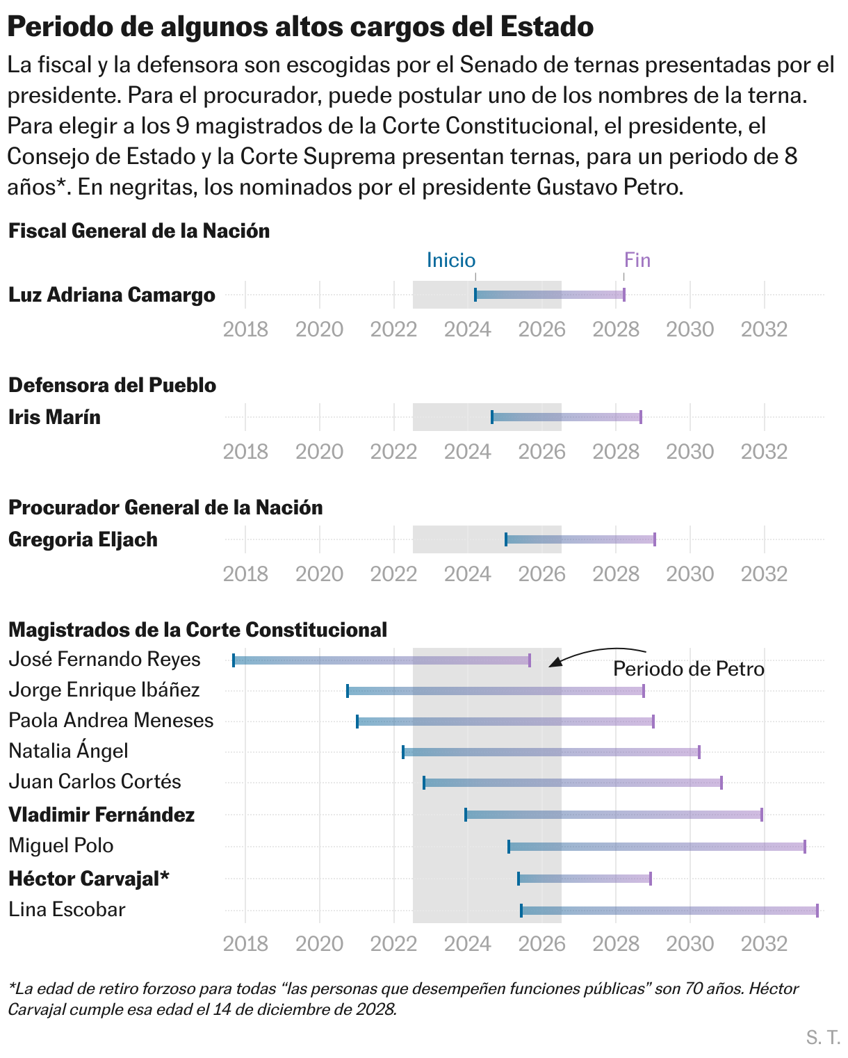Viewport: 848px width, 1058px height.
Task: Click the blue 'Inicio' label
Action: click(x=450, y=260)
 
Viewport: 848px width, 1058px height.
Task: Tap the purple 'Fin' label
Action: click(x=637, y=260)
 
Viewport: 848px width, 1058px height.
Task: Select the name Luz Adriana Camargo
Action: click(x=112, y=295)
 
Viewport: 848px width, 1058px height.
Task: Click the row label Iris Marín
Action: click(x=54, y=417)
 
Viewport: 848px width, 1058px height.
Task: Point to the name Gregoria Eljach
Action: click(x=83, y=539)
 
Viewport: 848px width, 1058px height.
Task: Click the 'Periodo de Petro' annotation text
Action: click(x=688, y=669)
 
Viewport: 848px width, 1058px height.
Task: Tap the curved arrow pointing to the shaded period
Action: click(x=598, y=653)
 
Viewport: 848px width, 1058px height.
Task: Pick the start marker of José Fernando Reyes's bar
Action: click(x=234, y=660)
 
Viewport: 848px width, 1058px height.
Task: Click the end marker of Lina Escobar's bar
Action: click(x=817, y=911)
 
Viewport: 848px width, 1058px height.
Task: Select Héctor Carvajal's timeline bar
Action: click(x=584, y=879)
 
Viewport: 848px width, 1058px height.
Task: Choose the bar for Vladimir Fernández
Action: click(x=613, y=815)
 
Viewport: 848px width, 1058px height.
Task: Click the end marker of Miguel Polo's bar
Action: click(x=805, y=847)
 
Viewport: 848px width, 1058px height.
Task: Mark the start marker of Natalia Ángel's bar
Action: click(x=403, y=752)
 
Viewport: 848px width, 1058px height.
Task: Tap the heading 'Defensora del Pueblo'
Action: click(x=112, y=385)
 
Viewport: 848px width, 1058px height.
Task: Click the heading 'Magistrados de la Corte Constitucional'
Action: click(x=197, y=630)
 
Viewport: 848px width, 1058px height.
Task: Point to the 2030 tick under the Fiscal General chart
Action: click(x=690, y=329)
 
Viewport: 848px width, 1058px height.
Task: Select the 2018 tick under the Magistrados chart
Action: click(x=245, y=943)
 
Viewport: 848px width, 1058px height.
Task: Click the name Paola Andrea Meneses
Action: click(x=111, y=720)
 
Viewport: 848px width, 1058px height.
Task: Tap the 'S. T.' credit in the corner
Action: click(x=823, y=1038)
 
